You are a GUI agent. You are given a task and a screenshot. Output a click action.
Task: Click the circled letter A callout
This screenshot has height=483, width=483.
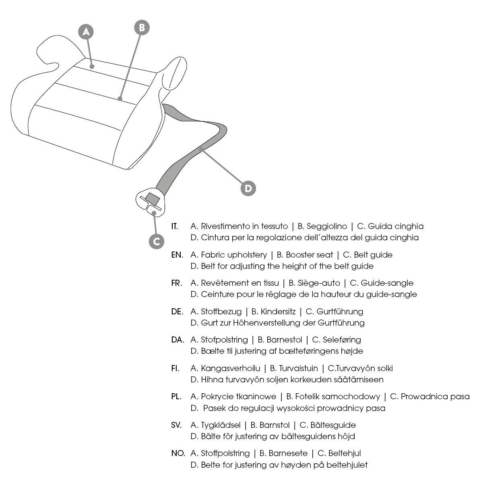[86, 32]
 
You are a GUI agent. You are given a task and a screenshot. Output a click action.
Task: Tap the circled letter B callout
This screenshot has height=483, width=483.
[142, 28]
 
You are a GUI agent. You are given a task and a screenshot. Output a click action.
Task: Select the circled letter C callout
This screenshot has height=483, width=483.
[157, 242]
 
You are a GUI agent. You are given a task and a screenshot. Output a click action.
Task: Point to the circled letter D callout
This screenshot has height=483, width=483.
[248, 188]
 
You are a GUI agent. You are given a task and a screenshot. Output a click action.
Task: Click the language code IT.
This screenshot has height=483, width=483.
[174, 226]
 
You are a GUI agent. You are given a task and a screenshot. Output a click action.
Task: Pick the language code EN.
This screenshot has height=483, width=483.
[177, 255]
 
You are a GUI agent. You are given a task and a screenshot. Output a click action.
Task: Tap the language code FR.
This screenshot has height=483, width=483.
[176, 283]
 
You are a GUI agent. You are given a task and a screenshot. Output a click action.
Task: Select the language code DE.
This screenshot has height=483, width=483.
[177, 312]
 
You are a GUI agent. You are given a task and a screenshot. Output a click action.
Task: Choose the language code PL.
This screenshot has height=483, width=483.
[176, 397]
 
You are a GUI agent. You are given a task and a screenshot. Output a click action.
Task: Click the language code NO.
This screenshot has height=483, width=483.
[178, 454]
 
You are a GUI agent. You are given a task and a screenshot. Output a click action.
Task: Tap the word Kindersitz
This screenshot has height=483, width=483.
[278, 312]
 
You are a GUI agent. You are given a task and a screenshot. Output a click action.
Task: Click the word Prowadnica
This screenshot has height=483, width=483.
[424, 397]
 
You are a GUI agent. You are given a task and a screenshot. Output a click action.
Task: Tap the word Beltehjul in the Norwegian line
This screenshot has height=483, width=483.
[345, 454]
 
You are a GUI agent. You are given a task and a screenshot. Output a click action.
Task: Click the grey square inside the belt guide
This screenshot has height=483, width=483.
[153, 198]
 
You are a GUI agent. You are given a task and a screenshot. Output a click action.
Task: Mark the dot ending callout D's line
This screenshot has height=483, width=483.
[201, 149]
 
